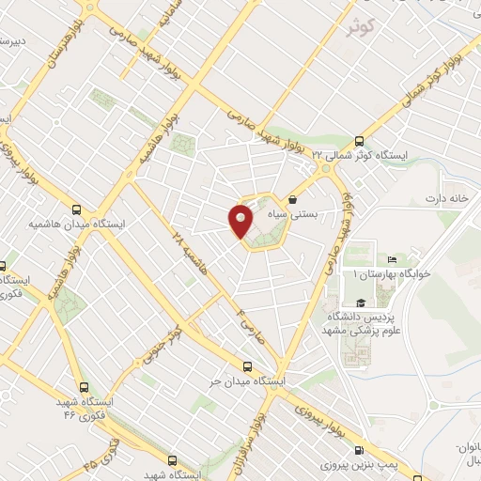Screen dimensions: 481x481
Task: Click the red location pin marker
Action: tap(240, 220)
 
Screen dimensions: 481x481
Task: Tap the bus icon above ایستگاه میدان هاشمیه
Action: tap(77, 209)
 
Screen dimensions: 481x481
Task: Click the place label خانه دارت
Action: tap(446, 198)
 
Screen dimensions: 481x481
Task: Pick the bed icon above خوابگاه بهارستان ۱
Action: tap(392, 259)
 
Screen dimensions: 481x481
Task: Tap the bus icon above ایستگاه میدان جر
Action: tap(247, 366)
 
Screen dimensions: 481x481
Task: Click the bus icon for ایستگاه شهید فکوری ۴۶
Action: tap(84, 386)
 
